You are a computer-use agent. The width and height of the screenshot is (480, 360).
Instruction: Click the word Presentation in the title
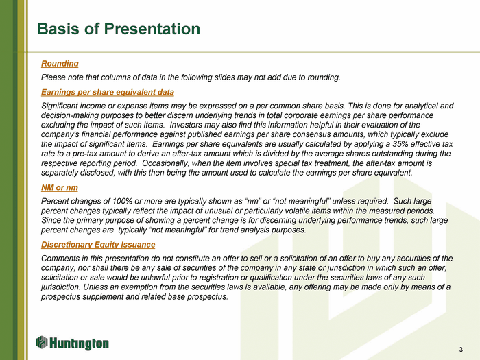pos(152,29)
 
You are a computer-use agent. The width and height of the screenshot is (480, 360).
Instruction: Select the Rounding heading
pos(60,64)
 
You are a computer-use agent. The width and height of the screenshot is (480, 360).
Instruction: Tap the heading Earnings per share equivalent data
pos(108,92)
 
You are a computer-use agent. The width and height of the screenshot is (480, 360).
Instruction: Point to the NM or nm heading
pos(60,188)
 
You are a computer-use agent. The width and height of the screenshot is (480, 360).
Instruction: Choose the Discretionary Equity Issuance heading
pos(98,245)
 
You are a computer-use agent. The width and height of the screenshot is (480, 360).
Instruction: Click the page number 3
pos(461,350)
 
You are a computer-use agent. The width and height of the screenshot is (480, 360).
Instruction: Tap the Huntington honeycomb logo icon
pos(42,342)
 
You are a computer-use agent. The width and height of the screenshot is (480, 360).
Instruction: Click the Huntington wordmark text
pos(79,344)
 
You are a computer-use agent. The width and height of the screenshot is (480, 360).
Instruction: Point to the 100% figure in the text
pos(122,201)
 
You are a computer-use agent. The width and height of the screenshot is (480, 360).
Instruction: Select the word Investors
pos(183,125)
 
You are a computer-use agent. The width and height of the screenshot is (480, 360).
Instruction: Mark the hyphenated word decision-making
pos(67,115)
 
